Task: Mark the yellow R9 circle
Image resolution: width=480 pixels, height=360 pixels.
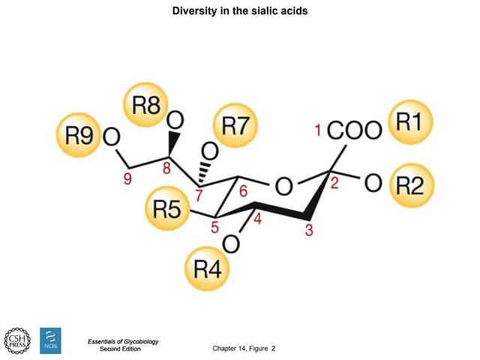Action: (79, 136)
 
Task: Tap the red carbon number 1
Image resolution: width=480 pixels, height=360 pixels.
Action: (319, 130)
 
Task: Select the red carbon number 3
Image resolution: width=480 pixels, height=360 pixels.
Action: (308, 230)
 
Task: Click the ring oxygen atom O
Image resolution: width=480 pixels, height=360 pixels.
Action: (283, 184)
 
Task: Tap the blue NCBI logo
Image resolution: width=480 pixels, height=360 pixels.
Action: (49, 340)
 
